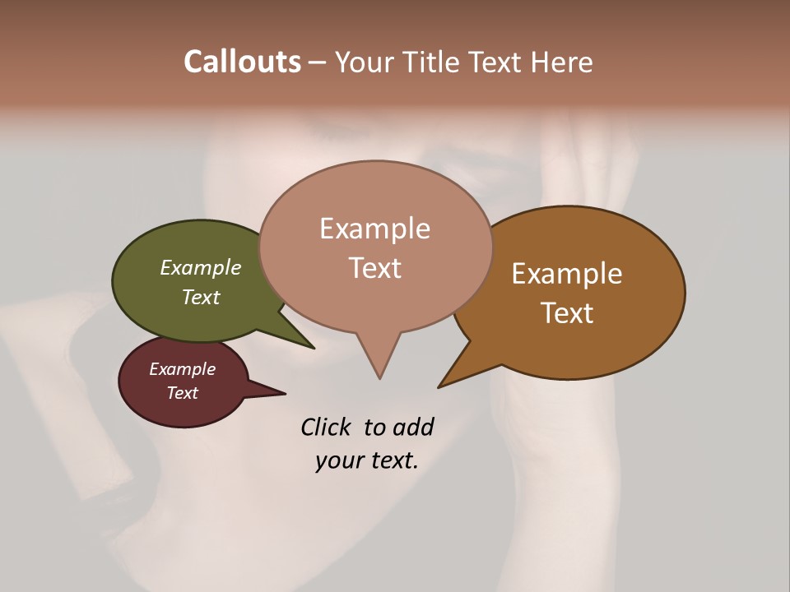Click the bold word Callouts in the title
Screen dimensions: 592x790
(x=242, y=62)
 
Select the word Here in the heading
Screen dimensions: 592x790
(x=562, y=62)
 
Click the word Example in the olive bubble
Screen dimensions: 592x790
(x=201, y=267)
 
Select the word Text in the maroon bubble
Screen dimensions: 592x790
(x=183, y=393)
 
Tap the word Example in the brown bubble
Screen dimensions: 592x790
(x=567, y=274)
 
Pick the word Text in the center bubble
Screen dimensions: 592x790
(x=375, y=268)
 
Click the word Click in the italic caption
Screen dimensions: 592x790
(x=326, y=427)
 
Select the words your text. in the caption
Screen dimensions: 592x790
(x=367, y=460)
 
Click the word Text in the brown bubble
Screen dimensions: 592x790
(x=568, y=313)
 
